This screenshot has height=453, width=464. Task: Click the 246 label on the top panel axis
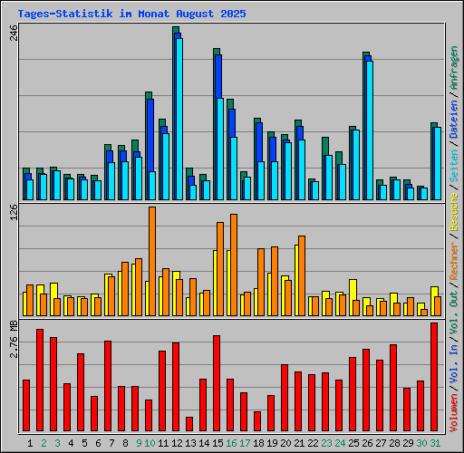(x=14, y=34)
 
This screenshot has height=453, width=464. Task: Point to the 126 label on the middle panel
(x=14, y=213)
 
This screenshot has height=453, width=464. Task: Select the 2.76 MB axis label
(x=14, y=339)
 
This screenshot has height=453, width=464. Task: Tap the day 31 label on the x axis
(x=435, y=443)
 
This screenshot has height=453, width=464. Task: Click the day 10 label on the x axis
(x=150, y=443)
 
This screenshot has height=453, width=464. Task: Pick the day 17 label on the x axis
(x=246, y=443)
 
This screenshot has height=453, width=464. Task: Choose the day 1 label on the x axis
(x=30, y=443)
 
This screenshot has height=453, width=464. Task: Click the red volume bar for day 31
(x=434, y=377)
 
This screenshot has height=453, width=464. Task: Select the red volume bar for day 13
(x=189, y=424)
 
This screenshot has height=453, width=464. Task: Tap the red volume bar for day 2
(x=40, y=381)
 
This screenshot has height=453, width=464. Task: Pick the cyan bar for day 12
(x=179, y=119)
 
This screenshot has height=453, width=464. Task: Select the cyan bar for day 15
(x=220, y=149)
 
